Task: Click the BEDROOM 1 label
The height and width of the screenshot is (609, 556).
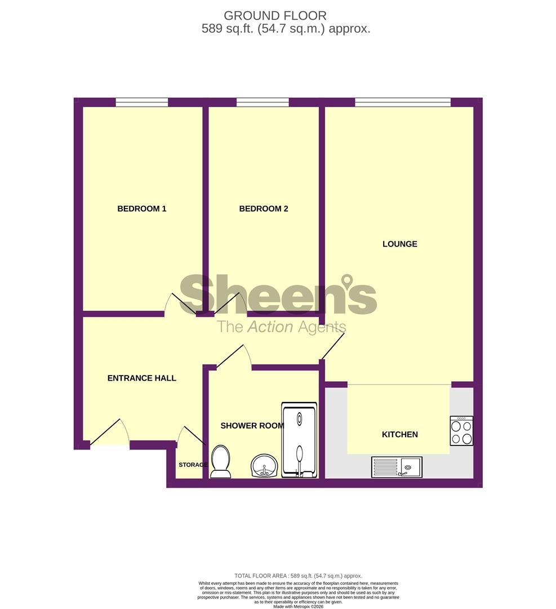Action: point(141,209)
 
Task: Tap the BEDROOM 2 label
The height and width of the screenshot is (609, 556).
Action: point(264,209)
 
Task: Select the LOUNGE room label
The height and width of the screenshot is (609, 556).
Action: point(400,244)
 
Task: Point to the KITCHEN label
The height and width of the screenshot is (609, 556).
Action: point(400,434)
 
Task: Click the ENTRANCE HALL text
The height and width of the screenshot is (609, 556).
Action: point(142,378)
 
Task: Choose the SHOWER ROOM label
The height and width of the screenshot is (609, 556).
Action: point(252,426)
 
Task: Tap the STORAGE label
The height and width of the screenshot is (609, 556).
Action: point(193,465)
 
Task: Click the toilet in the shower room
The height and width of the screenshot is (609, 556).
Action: point(220,461)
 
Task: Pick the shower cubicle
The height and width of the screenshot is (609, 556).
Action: point(300,440)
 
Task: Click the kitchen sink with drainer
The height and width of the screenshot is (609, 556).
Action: point(397,467)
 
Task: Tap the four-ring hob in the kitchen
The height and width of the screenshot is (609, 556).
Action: point(461,431)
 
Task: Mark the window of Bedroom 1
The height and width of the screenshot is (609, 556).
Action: point(142,102)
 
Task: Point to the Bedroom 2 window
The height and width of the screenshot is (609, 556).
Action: point(263,102)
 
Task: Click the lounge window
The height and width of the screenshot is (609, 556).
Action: point(403,102)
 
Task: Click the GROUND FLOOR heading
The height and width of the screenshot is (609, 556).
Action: point(275,16)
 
